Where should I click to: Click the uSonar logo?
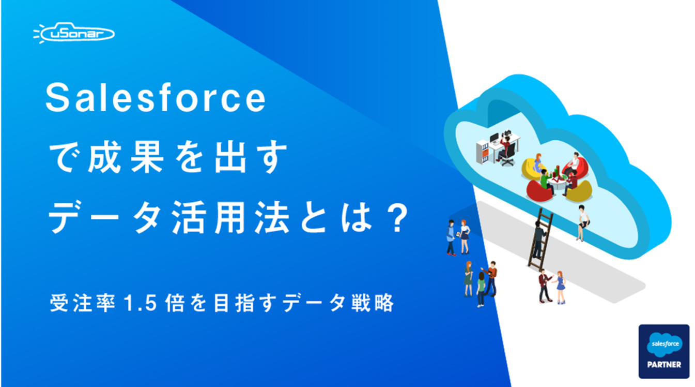click(74, 33)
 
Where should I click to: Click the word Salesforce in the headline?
click(156, 98)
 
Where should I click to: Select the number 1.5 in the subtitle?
click(140, 303)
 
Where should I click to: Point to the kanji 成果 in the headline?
click(126, 157)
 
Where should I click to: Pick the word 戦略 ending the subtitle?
click(373, 303)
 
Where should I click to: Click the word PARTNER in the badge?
click(664, 364)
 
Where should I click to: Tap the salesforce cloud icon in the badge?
click(665, 345)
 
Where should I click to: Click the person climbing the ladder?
click(539, 237)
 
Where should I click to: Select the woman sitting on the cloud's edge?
click(583, 222)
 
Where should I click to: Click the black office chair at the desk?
click(508, 155)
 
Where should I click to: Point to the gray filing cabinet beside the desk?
click(482, 152)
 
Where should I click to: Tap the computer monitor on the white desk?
click(494, 138)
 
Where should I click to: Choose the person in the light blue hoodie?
click(451, 237)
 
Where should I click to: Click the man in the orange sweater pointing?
click(490, 278)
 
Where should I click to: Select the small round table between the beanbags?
click(557, 183)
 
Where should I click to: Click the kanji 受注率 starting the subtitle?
click(83, 303)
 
